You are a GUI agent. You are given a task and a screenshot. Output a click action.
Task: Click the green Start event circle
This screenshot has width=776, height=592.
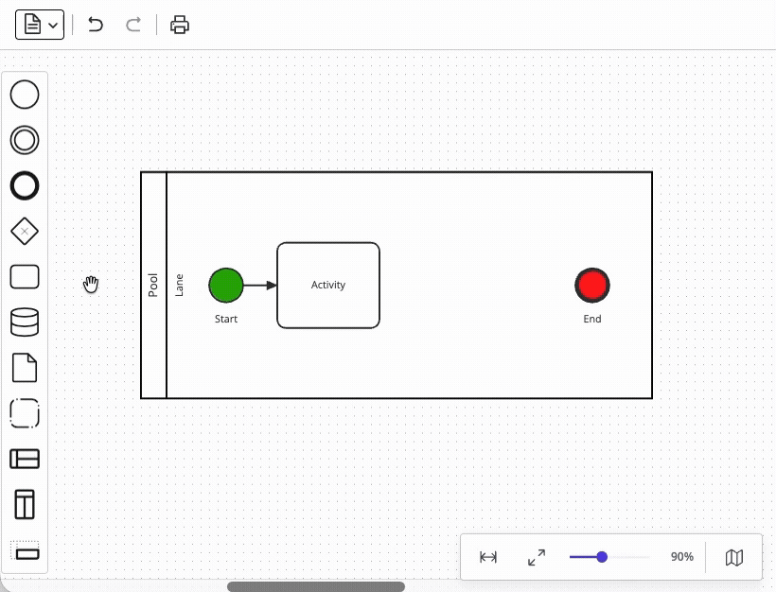[226, 285]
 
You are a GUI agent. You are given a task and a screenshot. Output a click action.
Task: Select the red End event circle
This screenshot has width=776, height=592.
[592, 285]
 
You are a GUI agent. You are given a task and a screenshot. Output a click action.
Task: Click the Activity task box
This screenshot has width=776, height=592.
[328, 285]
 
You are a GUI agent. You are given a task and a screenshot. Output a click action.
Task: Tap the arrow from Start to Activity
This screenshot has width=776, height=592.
[260, 285]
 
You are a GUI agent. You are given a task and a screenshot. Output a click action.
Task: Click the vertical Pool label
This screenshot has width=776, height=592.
[153, 285]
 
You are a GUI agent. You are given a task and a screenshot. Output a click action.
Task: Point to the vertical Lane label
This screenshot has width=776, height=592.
[179, 285]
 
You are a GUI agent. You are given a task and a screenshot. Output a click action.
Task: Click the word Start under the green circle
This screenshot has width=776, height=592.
[226, 319]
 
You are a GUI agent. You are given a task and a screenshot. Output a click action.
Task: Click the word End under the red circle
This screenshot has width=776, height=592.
[592, 319]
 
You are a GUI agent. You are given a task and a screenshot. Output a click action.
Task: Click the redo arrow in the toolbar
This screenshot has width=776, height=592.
[133, 25]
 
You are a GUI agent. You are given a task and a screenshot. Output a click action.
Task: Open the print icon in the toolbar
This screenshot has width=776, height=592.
[180, 25]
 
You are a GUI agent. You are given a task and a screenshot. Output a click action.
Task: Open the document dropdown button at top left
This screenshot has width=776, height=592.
[40, 25]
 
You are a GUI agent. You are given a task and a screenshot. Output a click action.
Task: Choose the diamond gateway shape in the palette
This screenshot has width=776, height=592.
[25, 231]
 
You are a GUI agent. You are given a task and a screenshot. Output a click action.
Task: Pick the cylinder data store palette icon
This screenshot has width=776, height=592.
[25, 322]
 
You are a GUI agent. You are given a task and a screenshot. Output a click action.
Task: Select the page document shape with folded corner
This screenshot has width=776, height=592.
[25, 367]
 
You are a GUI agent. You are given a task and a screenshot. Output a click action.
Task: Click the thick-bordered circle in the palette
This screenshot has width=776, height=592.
[25, 185]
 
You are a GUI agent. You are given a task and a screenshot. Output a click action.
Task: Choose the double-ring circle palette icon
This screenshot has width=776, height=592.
[25, 140]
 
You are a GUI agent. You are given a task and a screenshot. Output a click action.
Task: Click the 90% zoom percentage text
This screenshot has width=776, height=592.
[681, 557]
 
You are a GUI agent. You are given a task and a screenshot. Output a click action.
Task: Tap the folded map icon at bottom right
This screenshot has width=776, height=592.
[734, 557]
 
